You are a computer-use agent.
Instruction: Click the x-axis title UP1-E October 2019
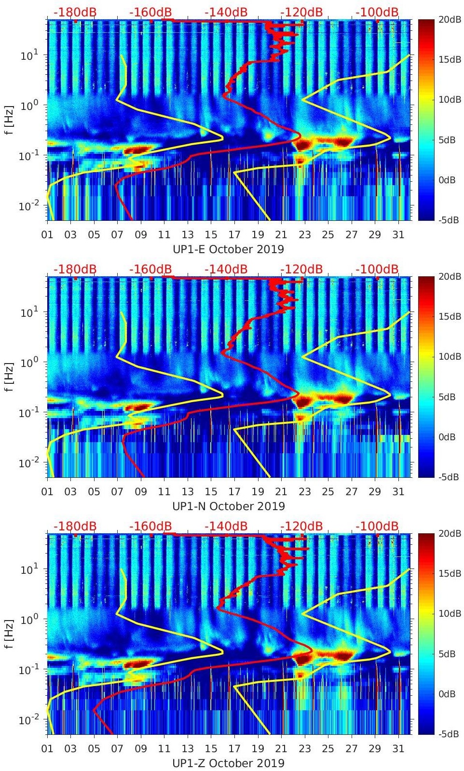pos(228,249)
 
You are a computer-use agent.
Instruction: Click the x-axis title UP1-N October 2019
pos(228,506)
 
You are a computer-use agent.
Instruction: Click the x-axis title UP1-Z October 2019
pos(228,763)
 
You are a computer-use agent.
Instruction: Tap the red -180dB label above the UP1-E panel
pos(75,12)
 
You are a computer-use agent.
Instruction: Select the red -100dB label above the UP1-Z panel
pos(377,526)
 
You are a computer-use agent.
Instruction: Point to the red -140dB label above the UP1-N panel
pos(226,269)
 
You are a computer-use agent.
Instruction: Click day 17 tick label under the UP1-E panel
pos(234,235)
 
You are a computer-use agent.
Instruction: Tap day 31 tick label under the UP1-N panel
pos(398,492)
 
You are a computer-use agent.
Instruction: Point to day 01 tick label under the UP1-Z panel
pos(47,749)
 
